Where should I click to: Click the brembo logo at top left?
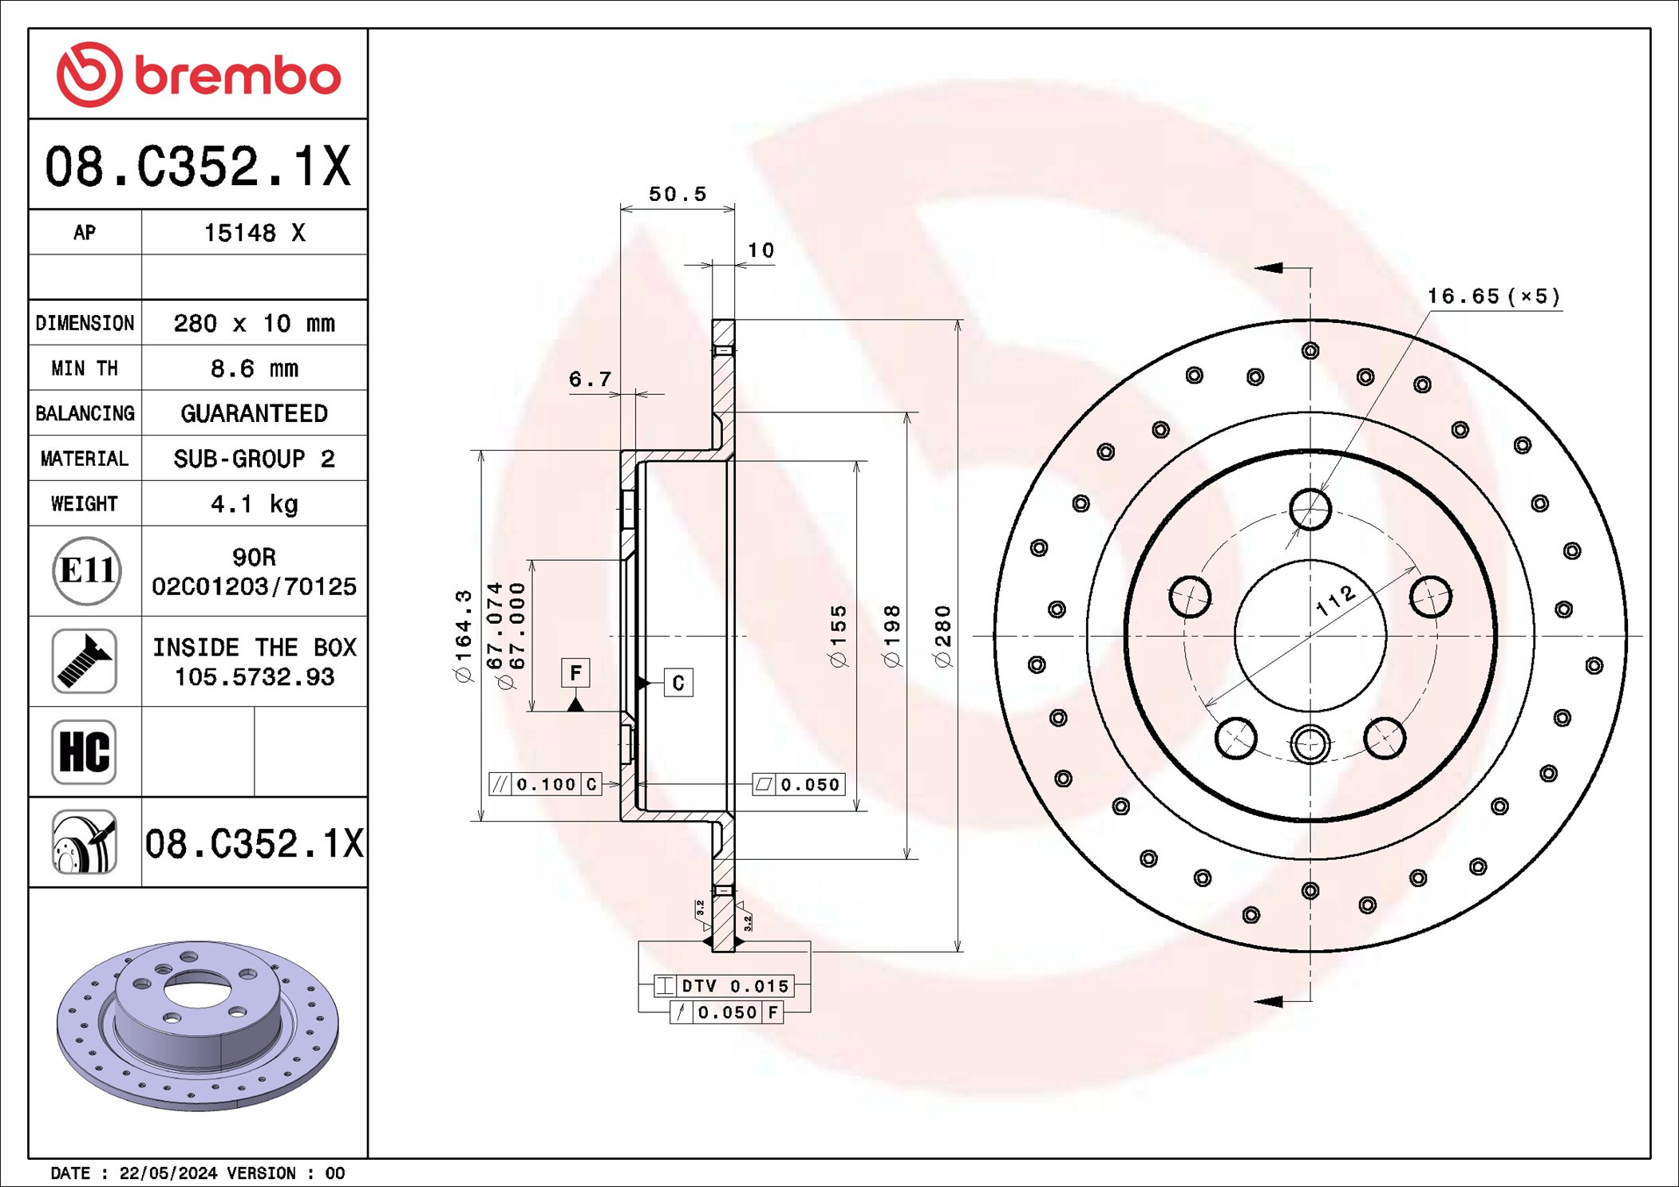tap(198, 75)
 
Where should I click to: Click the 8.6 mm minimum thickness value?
tap(254, 369)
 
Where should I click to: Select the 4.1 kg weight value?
tap(254, 504)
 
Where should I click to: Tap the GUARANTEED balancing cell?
tap(254, 413)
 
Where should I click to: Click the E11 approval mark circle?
tap(86, 570)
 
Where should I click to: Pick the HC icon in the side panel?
tap(85, 751)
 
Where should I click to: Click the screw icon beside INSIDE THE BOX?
tap(85, 661)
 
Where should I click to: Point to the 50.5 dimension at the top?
tap(677, 194)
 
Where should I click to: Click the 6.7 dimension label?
tap(590, 379)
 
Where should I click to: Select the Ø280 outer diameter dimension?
tap(943, 636)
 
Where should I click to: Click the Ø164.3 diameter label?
tap(464, 636)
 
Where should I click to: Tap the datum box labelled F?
tap(575, 672)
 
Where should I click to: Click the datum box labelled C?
tap(678, 683)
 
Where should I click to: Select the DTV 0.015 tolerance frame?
tap(723, 986)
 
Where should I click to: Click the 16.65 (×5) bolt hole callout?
tap(1492, 297)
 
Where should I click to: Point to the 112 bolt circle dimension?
tap(1335, 600)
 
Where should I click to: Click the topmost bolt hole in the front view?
tap(1310, 509)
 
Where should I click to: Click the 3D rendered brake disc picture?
tap(198, 1024)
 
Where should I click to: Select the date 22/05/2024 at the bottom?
tap(168, 1173)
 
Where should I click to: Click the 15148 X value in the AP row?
tap(254, 233)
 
